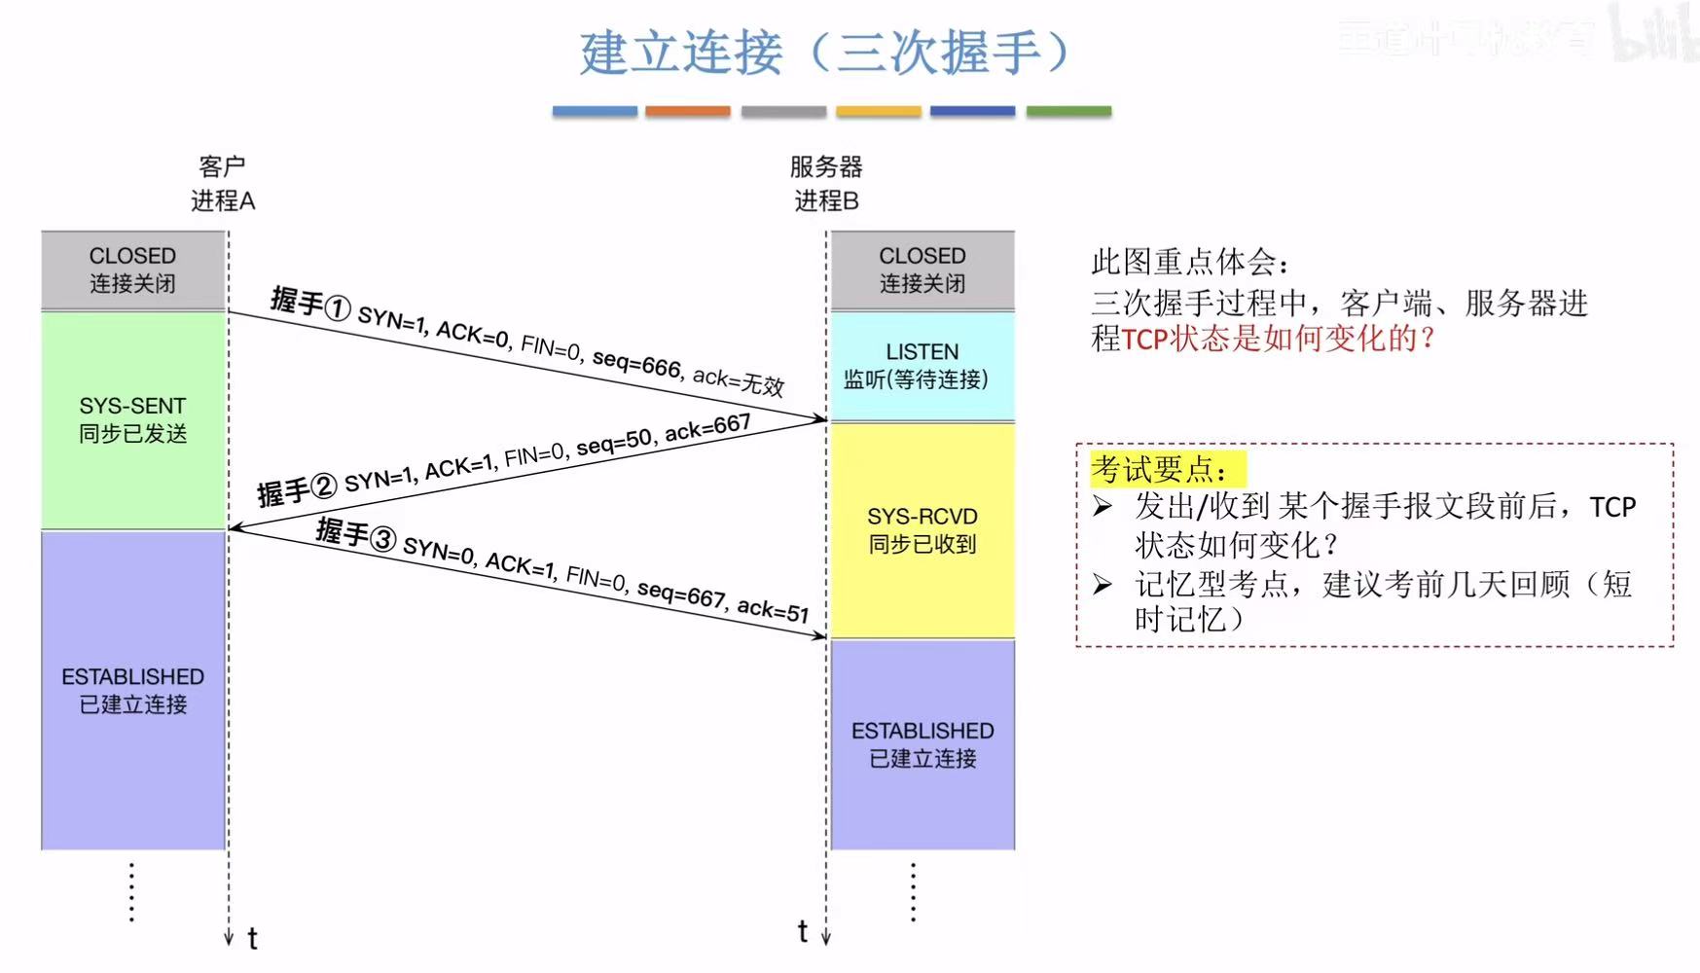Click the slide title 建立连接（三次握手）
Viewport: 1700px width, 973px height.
coord(825,53)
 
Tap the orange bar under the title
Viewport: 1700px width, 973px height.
coord(687,112)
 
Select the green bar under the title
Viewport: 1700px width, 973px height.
coord(1068,112)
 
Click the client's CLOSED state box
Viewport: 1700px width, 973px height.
coord(132,270)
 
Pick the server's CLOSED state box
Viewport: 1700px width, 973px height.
coord(922,270)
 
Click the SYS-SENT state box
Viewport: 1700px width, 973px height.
coord(132,419)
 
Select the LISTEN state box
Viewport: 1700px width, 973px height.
coord(922,366)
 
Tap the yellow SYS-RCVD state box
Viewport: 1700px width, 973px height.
coord(922,530)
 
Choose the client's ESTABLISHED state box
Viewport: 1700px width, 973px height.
coord(132,690)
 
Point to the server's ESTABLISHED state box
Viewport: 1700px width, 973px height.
coord(922,744)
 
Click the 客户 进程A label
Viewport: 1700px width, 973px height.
coord(223,184)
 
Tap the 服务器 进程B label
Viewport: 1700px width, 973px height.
coord(826,184)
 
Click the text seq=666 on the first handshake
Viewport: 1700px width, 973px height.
coord(636,363)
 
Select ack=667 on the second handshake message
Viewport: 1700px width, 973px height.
coord(707,427)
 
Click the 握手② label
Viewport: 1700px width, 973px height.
coord(297,489)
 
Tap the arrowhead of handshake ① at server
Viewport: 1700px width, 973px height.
coord(820,419)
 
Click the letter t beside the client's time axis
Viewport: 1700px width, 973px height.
coord(252,939)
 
